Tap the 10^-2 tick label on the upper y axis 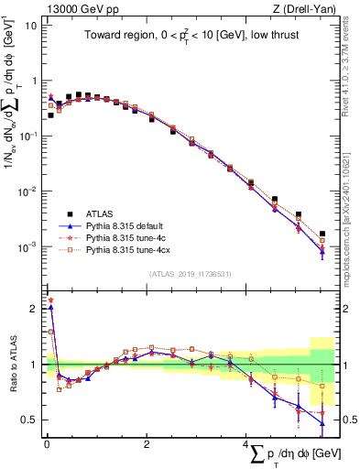(x=27, y=191)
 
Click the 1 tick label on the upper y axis (x=32, y=81)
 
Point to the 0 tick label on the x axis (x=47, y=443)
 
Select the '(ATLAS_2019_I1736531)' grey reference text (x=190, y=274)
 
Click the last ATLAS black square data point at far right (x=322, y=234)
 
